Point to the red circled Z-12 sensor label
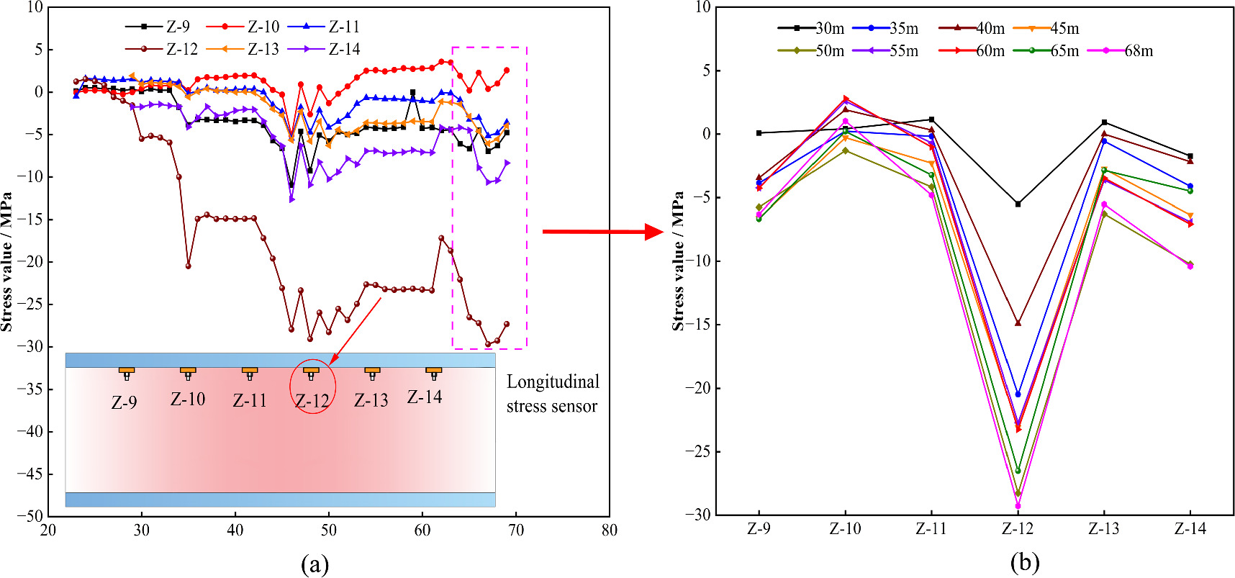click(312, 400)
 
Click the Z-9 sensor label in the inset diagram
click(124, 402)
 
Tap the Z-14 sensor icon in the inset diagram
click(433, 372)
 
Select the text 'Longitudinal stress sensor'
click(552, 394)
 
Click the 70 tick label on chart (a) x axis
click(515, 530)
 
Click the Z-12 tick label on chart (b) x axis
click(1017, 529)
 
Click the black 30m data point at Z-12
click(1018, 204)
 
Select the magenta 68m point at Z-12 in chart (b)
click(1018, 506)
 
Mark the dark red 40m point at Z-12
click(1018, 323)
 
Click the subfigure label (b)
click(1024, 562)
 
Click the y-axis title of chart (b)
click(678, 261)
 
